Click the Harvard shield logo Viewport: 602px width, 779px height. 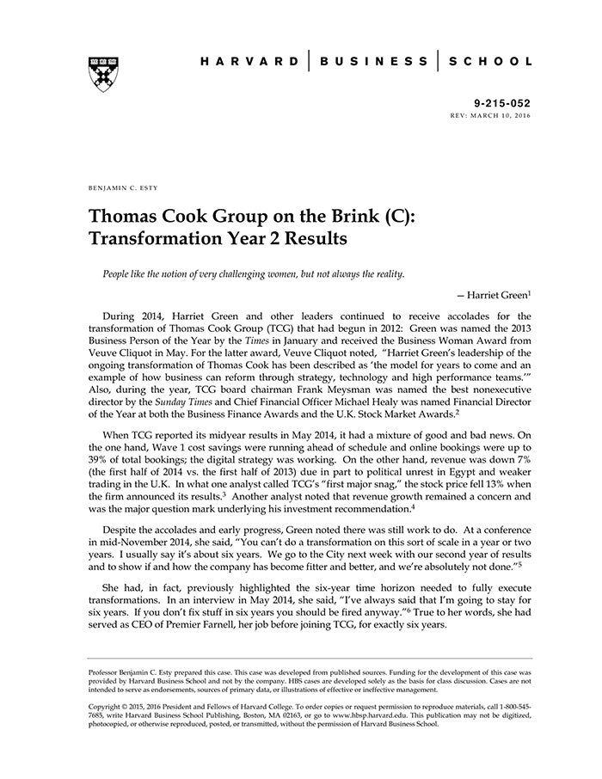click(102, 74)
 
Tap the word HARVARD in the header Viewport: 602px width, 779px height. click(249, 61)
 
